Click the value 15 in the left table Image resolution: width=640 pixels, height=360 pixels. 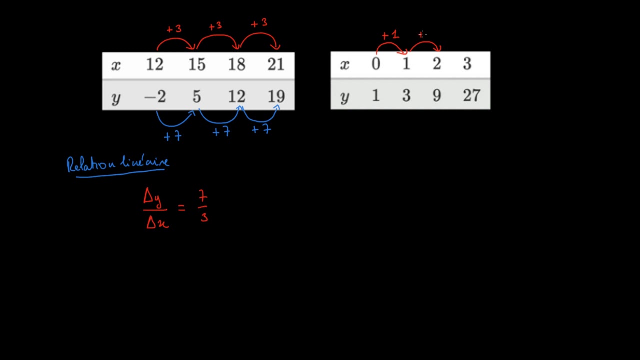click(197, 64)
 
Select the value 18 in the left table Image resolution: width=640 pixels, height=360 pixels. click(237, 64)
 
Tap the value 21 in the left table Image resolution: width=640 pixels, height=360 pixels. click(276, 64)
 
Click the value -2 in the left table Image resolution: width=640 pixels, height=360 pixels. click(155, 96)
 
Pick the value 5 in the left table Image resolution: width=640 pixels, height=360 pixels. click(197, 96)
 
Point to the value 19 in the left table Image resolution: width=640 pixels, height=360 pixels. click(276, 96)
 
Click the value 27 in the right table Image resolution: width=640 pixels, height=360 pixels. click(471, 95)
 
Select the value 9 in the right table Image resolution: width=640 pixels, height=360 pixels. click(437, 95)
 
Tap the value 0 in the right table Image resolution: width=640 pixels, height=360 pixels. click(376, 63)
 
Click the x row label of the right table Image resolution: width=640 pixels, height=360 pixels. click(345, 65)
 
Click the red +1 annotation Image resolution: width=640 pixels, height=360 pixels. click(390, 35)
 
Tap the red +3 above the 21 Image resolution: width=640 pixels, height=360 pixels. click(259, 23)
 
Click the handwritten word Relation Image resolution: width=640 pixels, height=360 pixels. click(91, 164)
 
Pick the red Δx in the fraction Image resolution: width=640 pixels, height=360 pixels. click(157, 222)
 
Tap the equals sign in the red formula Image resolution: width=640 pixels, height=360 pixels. click(181, 208)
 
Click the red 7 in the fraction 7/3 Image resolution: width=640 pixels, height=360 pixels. click(203, 196)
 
